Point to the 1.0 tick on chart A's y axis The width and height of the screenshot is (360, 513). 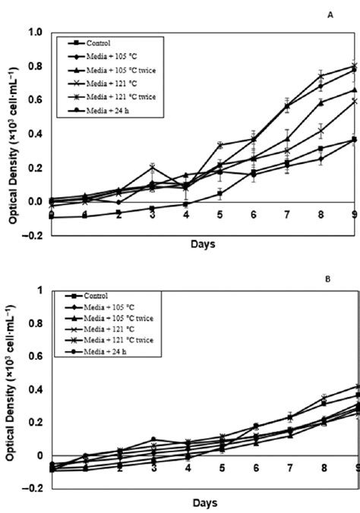(34, 33)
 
